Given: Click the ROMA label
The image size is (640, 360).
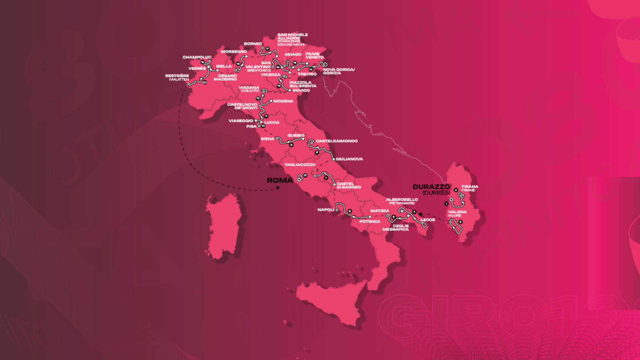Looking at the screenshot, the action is tap(280, 180).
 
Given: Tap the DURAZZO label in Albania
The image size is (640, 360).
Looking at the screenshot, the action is tap(431, 187).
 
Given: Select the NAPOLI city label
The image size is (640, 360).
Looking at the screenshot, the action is tap(326, 210).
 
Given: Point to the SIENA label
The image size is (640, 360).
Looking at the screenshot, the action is tap(267, 139).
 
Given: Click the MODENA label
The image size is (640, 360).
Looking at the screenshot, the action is tap(283, 101).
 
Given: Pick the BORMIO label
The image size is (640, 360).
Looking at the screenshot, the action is tap(253, 44).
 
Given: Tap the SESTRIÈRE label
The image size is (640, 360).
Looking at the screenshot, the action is tap(177, 76).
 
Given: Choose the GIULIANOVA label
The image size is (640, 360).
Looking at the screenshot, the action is tap(349, 159).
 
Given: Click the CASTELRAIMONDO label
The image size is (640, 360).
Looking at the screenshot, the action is tap(337, 141).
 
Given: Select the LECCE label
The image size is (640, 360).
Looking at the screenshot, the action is tap(428, 220).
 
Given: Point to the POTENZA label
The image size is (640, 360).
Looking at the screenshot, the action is tap(370, 221).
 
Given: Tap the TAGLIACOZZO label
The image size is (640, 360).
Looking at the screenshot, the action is tap(300, 165).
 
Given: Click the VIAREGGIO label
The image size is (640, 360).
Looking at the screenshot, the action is tap(241, 121).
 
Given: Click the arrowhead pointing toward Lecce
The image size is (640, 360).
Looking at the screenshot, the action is tap(420, 214).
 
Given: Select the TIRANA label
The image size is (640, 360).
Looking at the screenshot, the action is tap(469, 187).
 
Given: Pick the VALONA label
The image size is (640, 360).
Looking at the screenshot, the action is tap(457, 212).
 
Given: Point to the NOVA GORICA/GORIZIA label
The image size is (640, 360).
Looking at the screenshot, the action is tap(339, 71).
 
